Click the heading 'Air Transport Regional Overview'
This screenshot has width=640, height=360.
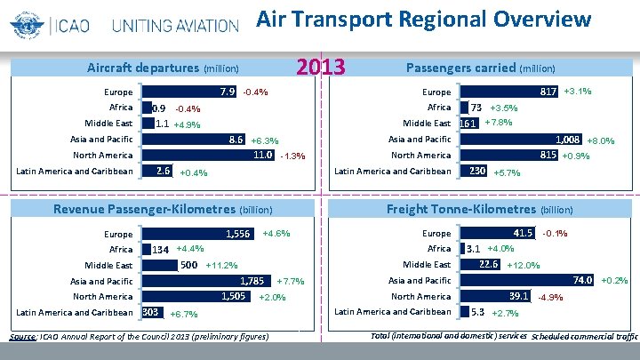423,19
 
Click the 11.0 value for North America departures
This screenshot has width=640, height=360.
262,155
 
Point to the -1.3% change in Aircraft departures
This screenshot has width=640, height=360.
292,156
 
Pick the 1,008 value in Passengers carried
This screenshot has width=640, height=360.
567,140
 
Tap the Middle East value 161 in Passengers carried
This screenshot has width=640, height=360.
468,124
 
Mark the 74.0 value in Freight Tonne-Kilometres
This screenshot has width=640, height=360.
583,280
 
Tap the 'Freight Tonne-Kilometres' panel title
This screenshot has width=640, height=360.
460,209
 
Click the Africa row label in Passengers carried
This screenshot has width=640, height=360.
439,108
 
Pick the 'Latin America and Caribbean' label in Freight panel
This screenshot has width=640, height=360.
392,312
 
